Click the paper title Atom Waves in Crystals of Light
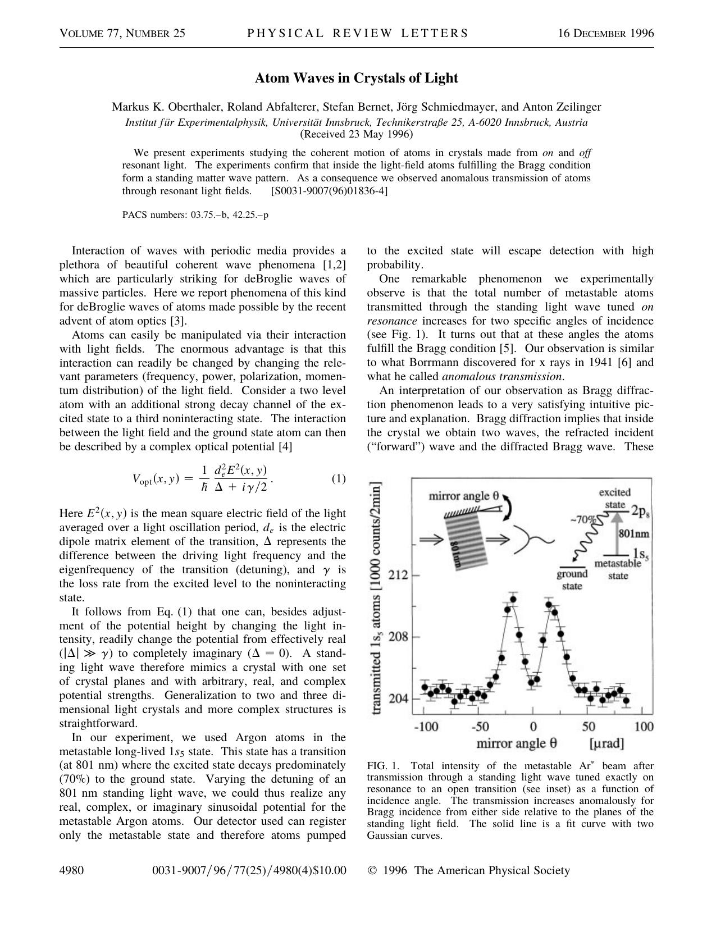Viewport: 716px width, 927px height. click(x=357, y=78)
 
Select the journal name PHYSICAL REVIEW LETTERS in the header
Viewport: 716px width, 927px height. click(x=357, y=33)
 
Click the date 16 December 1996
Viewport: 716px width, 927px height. click(x=605, y=33)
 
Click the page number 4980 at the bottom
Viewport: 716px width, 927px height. click(x=71, y=870)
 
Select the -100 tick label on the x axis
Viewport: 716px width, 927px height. click(x=426, y=727)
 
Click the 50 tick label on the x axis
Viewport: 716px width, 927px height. click(x=588, y=727)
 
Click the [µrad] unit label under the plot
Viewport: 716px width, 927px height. click(x=606, y=744)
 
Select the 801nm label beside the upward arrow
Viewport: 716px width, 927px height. click(x=633, y=533)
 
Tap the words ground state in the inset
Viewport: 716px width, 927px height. click(x=572, y=579)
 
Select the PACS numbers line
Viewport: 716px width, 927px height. click(x=195, y=214)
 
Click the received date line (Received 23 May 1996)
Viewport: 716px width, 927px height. click(x=357, y=134)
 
